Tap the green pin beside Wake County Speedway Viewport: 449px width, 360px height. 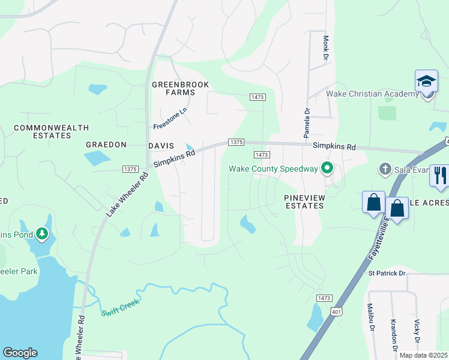(x=327, y=168)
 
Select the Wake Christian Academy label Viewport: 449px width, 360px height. (x=372, y=94)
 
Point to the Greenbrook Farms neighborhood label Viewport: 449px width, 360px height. (x=181, y=89)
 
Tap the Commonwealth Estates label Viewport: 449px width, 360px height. (x=51, y=131)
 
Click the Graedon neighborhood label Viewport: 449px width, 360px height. (x=106, y=145)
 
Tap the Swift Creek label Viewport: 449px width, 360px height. (x=121, y=307)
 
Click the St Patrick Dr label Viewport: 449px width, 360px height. (x=387, y=274)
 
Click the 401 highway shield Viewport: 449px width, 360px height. (x=336, y=311)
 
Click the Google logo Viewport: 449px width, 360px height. (x=20, y=353)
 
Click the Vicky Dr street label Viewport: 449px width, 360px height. (x=417, y=329)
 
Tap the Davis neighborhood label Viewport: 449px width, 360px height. (x=161, y=146)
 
